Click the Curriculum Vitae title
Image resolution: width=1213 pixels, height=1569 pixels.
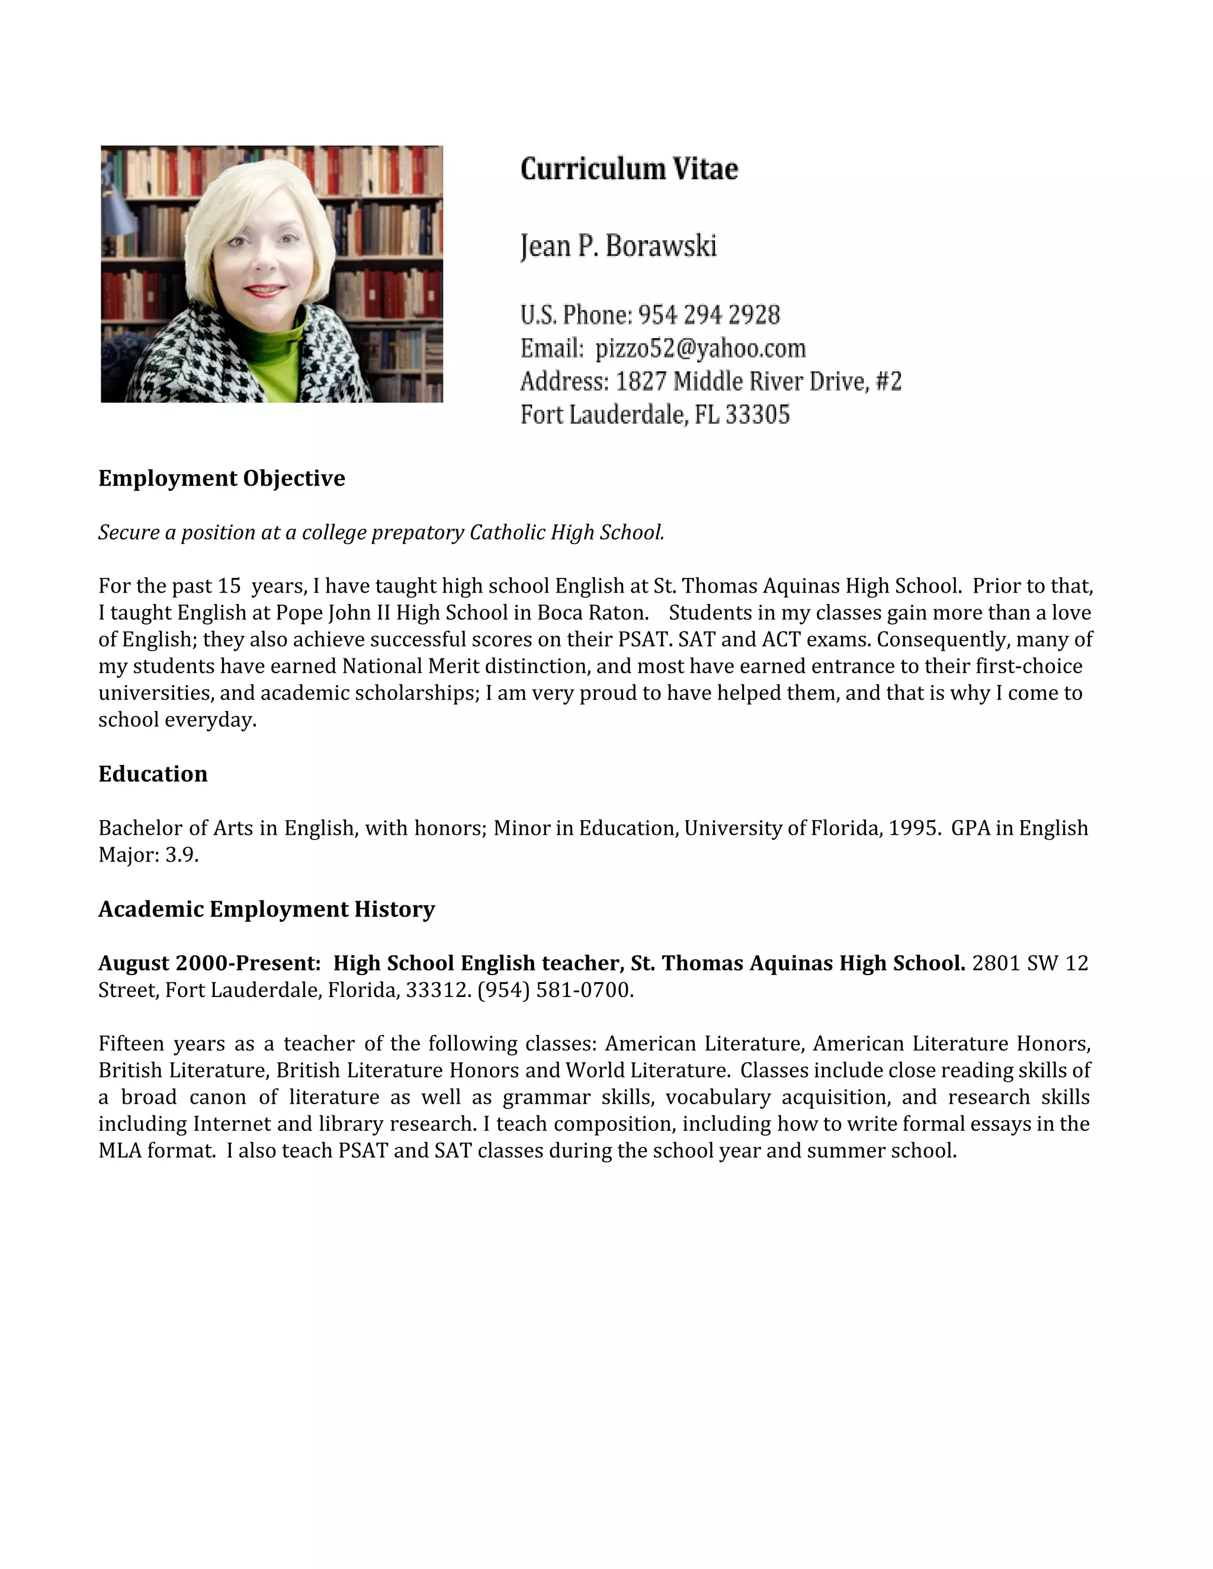pos(629,169)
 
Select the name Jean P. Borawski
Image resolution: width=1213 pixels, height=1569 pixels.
pos(618,246)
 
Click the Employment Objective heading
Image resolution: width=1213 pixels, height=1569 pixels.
pos(222,478)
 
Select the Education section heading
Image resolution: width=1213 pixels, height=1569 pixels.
pos(152,774)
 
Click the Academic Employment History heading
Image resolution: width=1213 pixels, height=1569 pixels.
pos(266,909)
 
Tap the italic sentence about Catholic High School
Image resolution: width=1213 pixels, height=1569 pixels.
pos(381,532)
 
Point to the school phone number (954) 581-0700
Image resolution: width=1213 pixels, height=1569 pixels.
pos(555,991)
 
